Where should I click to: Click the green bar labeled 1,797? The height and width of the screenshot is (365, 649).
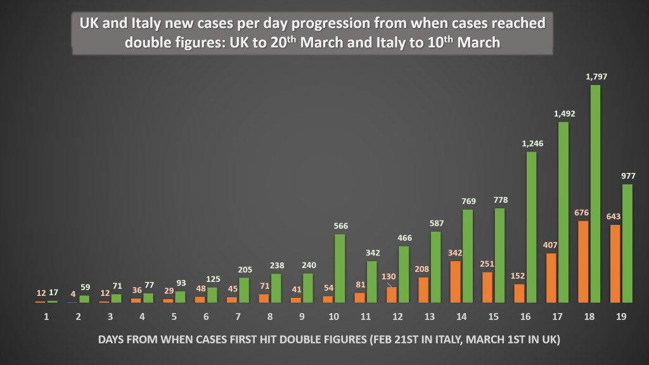[595, 194]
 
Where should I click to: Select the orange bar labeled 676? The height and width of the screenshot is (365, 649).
[584, 262]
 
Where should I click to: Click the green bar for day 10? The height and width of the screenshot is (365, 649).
[340, 269]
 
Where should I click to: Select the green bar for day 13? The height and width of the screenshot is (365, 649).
[436, 267]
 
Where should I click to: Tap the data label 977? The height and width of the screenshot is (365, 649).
[627, 176]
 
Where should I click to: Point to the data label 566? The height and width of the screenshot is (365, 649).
[340, 226]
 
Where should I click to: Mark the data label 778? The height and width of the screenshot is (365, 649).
[499, 200]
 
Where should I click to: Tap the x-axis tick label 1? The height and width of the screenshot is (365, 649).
[46, 316]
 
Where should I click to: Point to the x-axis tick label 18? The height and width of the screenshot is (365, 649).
[589, 316]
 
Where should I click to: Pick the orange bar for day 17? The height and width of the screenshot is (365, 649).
[551, 278]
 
